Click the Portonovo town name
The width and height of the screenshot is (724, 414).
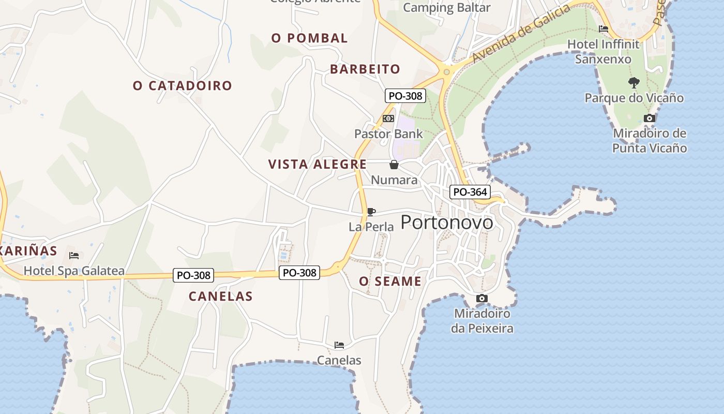pyautogui.click(x=447, y=222)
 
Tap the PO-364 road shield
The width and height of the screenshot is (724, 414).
pyautogui.click(x=470, y=192)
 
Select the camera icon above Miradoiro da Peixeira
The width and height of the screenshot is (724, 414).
pyautogui.click(x=481, y=299)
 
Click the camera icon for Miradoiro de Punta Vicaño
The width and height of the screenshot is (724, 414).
pyautogui.click(x=650, y=119)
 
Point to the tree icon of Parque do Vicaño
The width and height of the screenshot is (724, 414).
pyautogui.click(x=633, y=82)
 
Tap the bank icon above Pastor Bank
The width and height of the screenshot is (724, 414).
pyautogui.click(x=388, y=119)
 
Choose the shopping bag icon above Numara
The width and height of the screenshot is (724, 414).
pyautogui.click(x=394, y=165)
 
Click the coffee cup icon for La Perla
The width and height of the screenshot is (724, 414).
pyautogui.click(x=371, y=211)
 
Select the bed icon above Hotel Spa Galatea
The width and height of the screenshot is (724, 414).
pyautogui.click(x=74, y=255)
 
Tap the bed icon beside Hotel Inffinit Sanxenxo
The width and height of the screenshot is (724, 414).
pyautogui.click(x=603, y=29)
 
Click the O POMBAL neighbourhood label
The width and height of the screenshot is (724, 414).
pyautogui.click(x=309, y=38)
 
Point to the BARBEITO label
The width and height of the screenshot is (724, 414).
pyautogui.click(x=365, y=69)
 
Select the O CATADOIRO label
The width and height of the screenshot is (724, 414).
pyautogui.click(x=183, y=85)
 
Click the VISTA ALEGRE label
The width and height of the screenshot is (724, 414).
pyautogui.click(x=318, y=165)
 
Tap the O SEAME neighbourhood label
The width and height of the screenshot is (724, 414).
pyautogui.click(x=390, y=282)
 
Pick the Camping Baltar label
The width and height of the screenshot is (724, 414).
pyautogui.click(x=446, y=8)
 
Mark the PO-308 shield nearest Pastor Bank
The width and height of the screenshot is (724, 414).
pyautogui.click(x=405, y=96)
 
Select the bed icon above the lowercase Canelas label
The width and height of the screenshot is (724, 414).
pyautogui.click(x=339, y=345)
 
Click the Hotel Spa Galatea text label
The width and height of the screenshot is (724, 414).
pyautogui.click(x=74, y=271)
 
